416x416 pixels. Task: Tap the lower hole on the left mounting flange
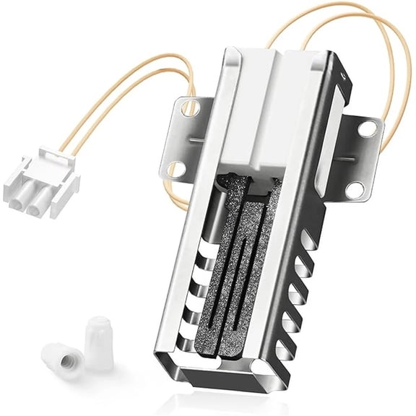click(x=173, y=170)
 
